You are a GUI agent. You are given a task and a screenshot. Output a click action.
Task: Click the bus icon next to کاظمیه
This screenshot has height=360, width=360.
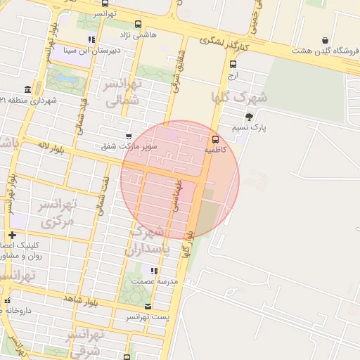214,139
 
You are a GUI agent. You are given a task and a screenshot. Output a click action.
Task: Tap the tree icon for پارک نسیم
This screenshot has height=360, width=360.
249,117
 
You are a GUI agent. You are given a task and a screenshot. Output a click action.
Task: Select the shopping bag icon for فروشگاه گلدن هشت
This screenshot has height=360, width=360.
324,40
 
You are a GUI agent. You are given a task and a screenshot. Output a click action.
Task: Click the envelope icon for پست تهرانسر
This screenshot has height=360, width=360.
148,306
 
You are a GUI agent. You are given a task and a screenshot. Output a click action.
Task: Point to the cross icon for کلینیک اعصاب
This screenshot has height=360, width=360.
12,235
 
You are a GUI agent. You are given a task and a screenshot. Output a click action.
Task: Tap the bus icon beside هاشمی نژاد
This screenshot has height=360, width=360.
138,24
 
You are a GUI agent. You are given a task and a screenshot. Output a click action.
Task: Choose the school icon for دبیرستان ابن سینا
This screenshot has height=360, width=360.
91,39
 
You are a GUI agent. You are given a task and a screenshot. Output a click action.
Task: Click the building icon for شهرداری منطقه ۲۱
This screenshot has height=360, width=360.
27,89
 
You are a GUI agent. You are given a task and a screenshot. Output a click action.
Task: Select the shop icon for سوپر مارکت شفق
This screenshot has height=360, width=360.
128,136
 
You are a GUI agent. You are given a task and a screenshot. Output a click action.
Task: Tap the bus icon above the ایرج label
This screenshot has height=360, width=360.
233,64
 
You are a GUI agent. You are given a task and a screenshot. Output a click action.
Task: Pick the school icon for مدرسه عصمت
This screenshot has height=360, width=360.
153,271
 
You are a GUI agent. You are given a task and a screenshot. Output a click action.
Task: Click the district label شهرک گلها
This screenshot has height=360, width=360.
239,96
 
